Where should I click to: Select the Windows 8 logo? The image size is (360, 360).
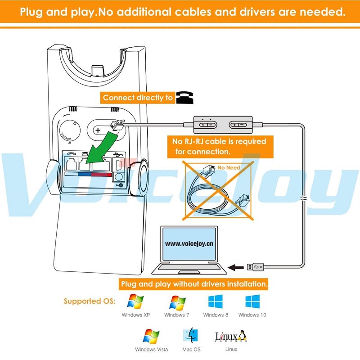(x=216, y=301)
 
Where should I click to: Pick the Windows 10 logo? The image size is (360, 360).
(x=252, y=301)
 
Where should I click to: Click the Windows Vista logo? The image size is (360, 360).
(x=151, y=336)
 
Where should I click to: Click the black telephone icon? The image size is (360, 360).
(x=182, y=97)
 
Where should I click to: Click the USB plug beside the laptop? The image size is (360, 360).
(x=255, y=267)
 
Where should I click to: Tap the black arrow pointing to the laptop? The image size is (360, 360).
(x=235, y=267)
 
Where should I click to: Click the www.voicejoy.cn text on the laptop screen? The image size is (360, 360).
(x=189, y=243)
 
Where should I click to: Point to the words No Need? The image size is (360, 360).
(x=229, y=167)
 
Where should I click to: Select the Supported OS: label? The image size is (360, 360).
(x=90, y=301)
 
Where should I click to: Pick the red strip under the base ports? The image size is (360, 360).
(x=101, y=174)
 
